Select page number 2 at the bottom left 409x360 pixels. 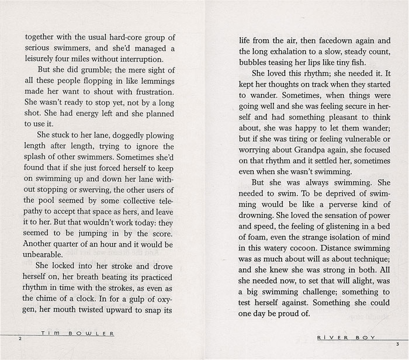click(20, 338)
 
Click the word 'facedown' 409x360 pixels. click(328, 41)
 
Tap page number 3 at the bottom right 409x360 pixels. click(397, 343)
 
